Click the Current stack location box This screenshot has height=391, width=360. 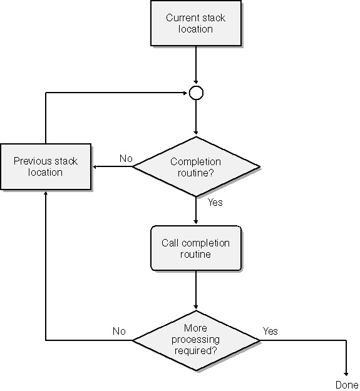pos(196,23)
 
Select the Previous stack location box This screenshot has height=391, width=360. pos(46,166)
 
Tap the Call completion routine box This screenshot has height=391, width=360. pos(196,248)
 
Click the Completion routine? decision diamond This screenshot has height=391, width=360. pos(196,166)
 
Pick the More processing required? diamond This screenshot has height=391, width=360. pos(196,340)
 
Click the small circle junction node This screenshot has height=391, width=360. pos(196,93)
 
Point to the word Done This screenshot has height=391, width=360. pos(347,385)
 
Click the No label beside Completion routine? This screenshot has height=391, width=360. pos(126,158)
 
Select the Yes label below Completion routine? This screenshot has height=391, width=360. pos(215,202)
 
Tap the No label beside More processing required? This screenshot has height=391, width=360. pos(119,331)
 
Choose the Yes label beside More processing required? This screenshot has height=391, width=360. pos(270,331)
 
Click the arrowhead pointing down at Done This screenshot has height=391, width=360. pos(346,374)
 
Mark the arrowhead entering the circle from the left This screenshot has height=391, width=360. pos(185,93)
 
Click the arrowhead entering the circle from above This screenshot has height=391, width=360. pos(196,82)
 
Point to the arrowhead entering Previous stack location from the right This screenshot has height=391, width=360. pos(95,166)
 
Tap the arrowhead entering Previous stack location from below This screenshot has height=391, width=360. pos(46,193)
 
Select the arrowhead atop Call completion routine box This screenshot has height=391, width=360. pos(196,222)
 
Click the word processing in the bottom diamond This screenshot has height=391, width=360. pos(195,340)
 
